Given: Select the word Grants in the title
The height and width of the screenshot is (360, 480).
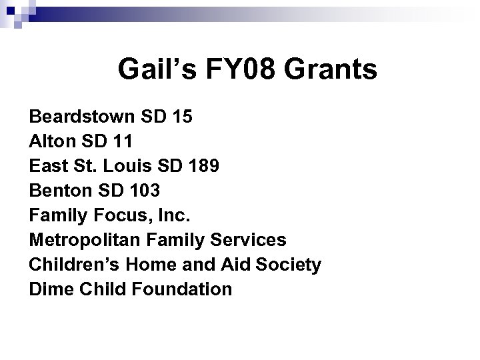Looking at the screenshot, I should pyautogui.click(x=333, y=69).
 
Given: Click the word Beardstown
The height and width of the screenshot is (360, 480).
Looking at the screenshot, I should pyautogui.click(x=81, y=117).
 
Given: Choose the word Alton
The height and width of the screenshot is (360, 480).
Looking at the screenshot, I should pyautogui.click(x=51, y=142).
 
